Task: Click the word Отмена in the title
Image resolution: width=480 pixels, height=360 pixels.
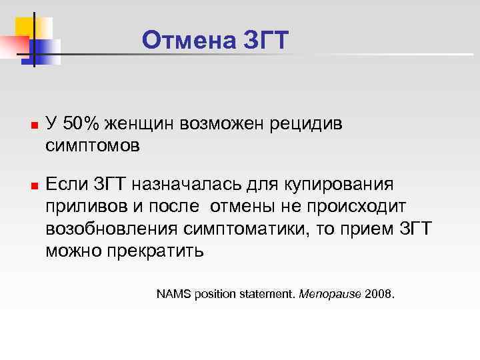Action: (187, 41)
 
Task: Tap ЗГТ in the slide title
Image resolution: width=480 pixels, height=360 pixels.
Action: (266, 41)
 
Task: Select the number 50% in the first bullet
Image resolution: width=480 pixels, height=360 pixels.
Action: (83, 123)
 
